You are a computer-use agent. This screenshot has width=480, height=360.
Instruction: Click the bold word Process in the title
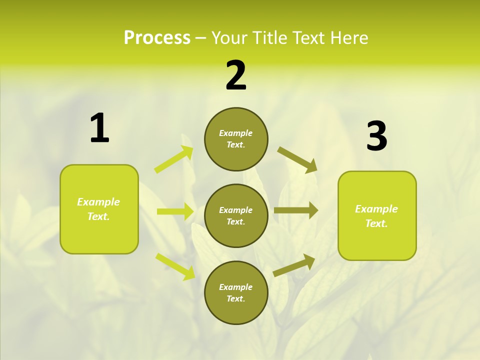[x=157, y=38]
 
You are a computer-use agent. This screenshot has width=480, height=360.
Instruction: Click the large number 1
[x=99, y=128]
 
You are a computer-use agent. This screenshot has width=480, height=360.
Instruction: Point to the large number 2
[x=236, y=75]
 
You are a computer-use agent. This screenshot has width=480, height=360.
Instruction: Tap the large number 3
[x=376, y=136]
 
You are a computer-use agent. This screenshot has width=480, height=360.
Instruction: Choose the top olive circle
[x=236, y=139]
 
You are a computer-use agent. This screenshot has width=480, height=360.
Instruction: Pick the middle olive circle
[x=236, y=215]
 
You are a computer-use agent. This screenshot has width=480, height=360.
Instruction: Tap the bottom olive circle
[x=236, y=292]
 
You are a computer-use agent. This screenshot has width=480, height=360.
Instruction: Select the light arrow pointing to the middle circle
[x=175, y=211]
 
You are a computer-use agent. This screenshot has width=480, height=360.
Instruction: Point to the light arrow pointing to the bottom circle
[x=175, y=266]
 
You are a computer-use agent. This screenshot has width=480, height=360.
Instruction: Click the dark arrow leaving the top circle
[x=297, y=159]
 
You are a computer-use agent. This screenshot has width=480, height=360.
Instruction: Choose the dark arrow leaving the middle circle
[x=296, y=210]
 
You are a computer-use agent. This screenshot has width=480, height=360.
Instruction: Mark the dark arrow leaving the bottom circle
[x=294, y=265]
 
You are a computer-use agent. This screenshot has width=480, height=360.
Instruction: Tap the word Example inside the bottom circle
[x=236, y=287]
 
